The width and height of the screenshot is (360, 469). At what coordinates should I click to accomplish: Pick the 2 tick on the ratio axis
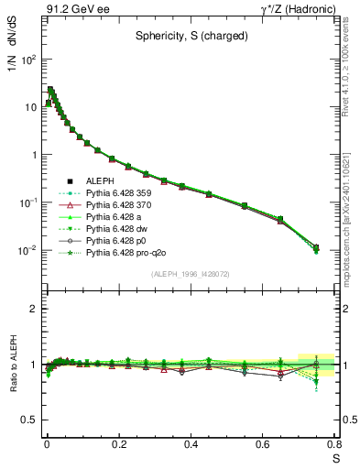click(x=33, y=309)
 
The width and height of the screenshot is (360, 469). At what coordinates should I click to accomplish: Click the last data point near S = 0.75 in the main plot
click(x=316, y=247)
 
